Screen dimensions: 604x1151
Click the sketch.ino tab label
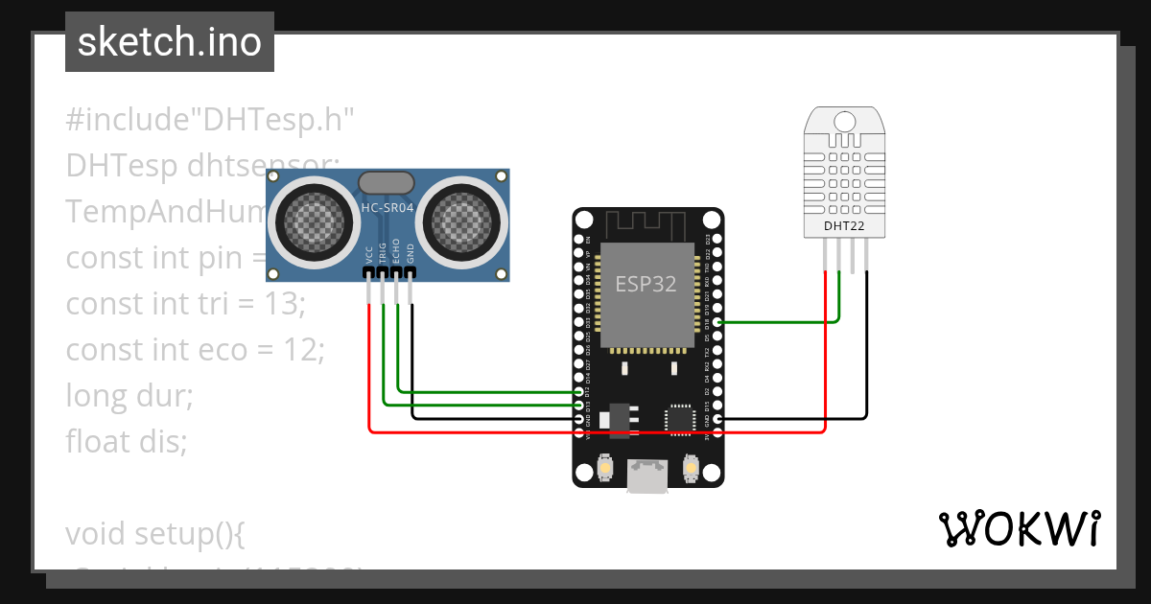(x=170, y=42)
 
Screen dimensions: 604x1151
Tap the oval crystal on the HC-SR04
(x=387, y=182)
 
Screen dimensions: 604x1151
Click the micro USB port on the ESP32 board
(x=647, y=476)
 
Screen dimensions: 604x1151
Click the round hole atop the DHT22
(x=844, y=121)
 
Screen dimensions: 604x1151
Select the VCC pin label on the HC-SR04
(x=369, y=254)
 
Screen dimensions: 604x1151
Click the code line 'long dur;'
(x=129, y=395)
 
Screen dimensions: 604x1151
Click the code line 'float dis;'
(x=126, y=442)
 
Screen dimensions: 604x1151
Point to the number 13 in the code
(x=285, y=304)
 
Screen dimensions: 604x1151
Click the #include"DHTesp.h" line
(x=210, y=121)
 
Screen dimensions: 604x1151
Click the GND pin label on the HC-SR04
(x=411, y=254)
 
